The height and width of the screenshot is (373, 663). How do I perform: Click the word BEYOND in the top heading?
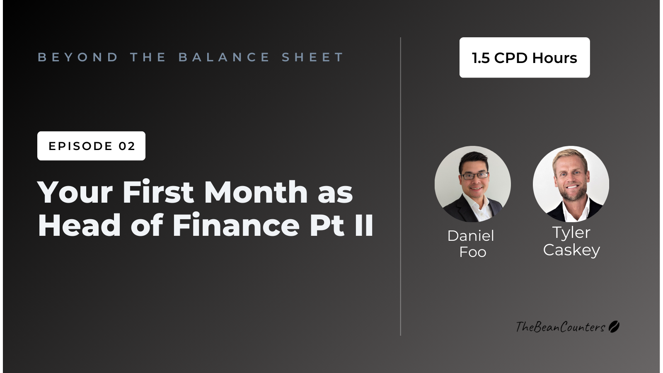pyautogui.click(x=78, y=57)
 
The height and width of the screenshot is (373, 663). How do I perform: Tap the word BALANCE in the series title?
pyautogui.click(x=224, y=57)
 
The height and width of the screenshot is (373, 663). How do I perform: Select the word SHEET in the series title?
pyautogui.click(x=313, y=57)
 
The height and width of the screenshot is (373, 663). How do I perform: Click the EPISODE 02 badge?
pyautogui.click(x=91, y=146)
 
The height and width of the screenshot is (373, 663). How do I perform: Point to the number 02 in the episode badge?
pyautogui.click(x=127, y=146)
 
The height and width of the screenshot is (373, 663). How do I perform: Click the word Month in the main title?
pyautogui.click(x=256, y=192)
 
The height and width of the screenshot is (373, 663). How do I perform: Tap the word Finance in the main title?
pyautogui.click(x=236, y=225)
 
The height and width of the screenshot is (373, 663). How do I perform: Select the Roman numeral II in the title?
pyautogui.click(x=364, y=225)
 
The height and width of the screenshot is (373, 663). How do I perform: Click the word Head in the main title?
pyautogui.click(x=79, y=225)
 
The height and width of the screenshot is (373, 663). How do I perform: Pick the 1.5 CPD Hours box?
pyautogui.click(x=524, y=58)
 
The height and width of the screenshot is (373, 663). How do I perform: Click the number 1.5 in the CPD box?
pyautogui.click(x=481, y=58)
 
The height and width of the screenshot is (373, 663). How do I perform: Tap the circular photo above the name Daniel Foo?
pyautogui.click(x=472, y=184)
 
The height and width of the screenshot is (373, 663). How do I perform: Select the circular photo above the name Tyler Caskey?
pyautogui.click(x=571, y=184)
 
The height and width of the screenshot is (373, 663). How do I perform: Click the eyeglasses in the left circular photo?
pyautogui.click(x=475, y=176)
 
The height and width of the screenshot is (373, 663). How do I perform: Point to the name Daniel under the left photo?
pyautogui.click(x=471, y=236)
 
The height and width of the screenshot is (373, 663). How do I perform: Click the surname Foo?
pyautogui.click(x=472, y=252)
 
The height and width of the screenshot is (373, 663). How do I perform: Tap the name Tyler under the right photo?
pyautogui.click(x=571, y=233)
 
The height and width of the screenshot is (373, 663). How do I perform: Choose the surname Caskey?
pyautogui.click(x=571, y=250)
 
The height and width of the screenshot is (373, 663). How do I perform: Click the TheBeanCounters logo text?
pyautogui.click(x=560, y=327)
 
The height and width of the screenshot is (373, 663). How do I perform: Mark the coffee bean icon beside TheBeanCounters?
pyautogui.click(x=614, y=327)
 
